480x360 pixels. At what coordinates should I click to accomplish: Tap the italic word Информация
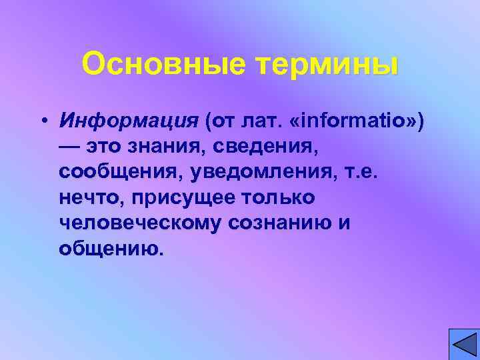click(129, 121)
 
